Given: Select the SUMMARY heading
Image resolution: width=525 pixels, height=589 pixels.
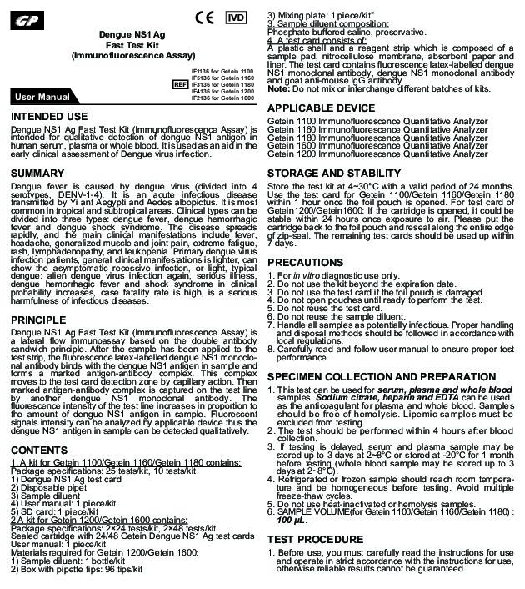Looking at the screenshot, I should pos(38,172).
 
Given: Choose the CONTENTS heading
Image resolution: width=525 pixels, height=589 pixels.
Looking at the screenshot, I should pos(40,450).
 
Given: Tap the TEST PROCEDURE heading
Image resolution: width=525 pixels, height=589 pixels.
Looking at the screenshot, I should pos(314,539).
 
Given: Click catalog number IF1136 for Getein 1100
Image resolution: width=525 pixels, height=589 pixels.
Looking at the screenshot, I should pos(222,73).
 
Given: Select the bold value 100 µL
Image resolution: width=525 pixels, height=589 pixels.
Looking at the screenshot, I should pos(292,520).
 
